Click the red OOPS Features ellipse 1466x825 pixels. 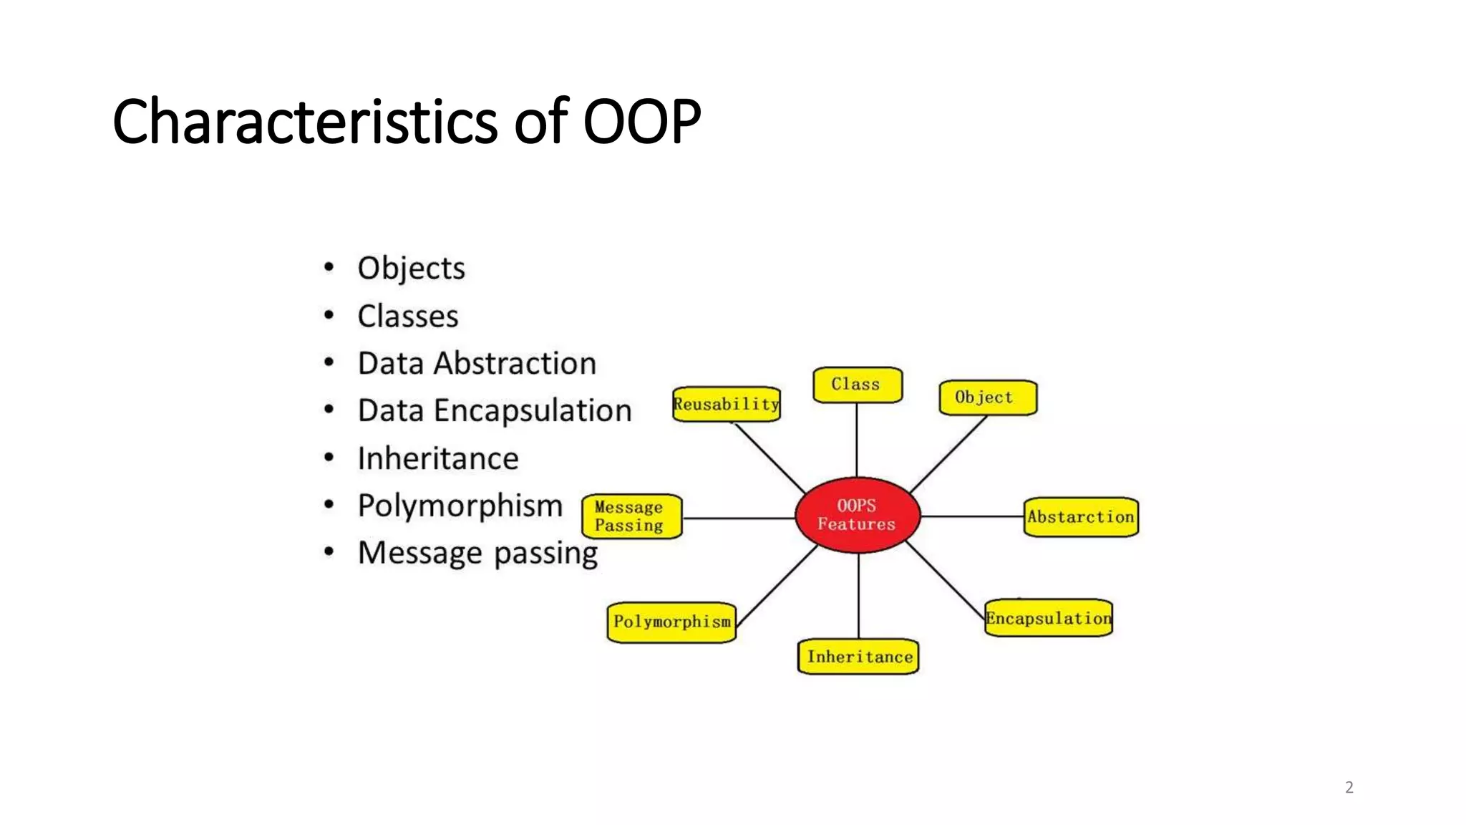coord(857,515)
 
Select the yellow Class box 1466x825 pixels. coord(857,385)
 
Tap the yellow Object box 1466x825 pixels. coord(987,397)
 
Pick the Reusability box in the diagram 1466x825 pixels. coord(726,405)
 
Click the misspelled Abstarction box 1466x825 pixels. coord(1080,516)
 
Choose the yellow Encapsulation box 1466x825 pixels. coord(1048,618)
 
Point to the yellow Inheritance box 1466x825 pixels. coord(858,657)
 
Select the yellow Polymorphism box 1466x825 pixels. coord(671,622)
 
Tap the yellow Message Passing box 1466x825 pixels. coord(631,516)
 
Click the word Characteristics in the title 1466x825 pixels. coord(304,121)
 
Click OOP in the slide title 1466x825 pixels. coord(641,121)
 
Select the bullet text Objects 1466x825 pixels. coord(411,269)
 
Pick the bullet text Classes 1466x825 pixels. coord(408,316)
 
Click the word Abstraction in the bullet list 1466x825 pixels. coord(515,363)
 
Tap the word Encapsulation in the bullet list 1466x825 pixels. coord(533,411)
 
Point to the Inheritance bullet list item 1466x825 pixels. coord(438,458)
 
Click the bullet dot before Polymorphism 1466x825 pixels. coord(329,504)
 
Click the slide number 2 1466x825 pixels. coord(1349,787)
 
